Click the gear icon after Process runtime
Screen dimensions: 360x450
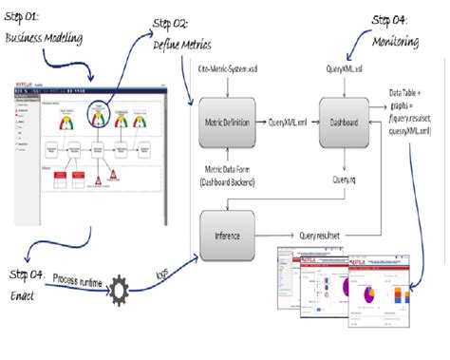pos(121,288)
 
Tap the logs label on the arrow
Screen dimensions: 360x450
pos(164,275)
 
